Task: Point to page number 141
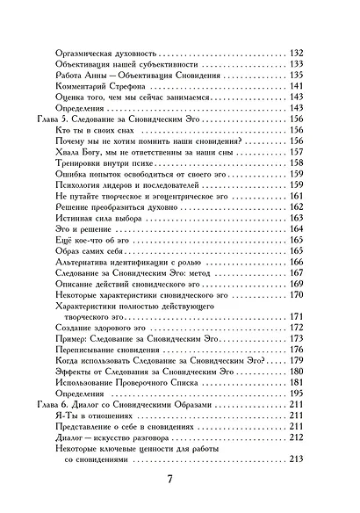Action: coord(296,86)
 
